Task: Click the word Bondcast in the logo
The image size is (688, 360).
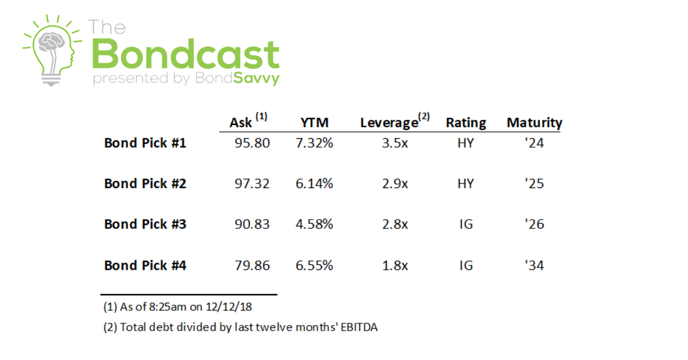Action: coord(185,54)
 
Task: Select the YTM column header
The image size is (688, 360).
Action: coord(314,123)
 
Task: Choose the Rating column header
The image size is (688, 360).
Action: coord(466,123)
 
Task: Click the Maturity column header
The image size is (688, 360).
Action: coord(534,123)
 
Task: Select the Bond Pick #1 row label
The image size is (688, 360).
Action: coord(145,143)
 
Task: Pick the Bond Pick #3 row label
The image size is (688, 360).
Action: coord(145,224)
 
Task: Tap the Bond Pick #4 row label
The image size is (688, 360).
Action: coord(145,265)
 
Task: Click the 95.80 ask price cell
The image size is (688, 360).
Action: coord(252,143)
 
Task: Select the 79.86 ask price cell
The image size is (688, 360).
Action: coord(252,265)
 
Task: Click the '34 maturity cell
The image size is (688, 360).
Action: coord(534,265)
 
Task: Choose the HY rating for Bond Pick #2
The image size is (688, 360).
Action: coord(466,183)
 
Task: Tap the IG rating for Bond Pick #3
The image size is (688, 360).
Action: coord(466,224)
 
